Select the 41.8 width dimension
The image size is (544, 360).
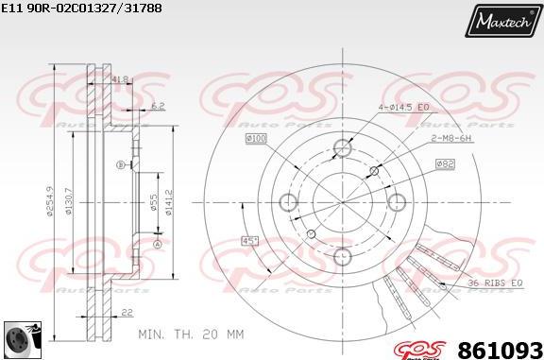click(x=120, y=80)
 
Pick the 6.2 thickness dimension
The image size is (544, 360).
click(x=158, y=107)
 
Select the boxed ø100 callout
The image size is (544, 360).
click(x=256, y=139)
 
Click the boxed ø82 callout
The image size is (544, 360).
click(x=445, y=163)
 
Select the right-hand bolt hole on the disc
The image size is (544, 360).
click(x=397, y=200)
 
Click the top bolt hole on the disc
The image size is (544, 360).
click(x=343, y=147)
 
